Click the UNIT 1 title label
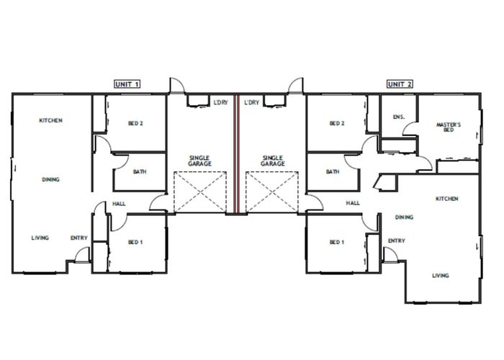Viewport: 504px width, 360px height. pos(127,84)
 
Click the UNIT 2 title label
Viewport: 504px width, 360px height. pos(400,84)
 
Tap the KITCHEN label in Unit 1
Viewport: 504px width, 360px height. pos(50,120)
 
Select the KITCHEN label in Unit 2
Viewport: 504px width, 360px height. pos(447,198)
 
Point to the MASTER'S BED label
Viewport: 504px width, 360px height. pos(449,127)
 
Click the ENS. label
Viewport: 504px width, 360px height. pos(398,116)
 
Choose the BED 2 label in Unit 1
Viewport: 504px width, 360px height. pos(135,123)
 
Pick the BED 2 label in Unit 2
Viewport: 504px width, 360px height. pos(337,123)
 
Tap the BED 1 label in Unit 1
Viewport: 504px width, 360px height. pos(135,242)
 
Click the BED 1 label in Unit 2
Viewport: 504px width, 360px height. pos(337,242)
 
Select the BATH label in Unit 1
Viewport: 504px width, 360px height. pos(140,172)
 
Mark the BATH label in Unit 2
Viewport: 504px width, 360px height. pos(333,172)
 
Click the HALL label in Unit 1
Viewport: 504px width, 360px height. pos(120,204)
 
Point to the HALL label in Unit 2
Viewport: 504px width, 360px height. pos(353,204)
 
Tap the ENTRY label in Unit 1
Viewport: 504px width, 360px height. pos(78,238)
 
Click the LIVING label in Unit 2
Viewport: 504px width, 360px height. pos(440,275)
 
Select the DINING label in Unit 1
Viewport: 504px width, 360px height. pos(50,180)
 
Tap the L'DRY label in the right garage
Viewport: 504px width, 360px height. pos(251,103)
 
